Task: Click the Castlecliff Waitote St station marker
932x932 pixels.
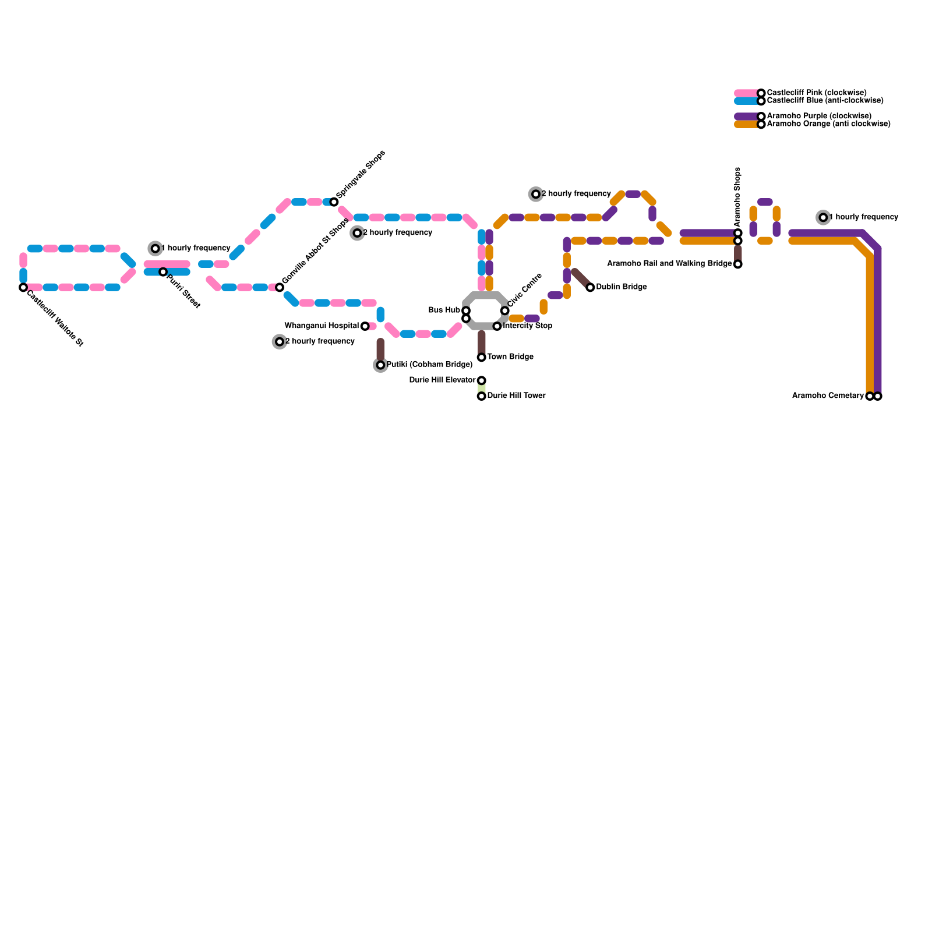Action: point(23,287)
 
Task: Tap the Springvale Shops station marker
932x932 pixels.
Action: point(334,202)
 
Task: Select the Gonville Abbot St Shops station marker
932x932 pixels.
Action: point(280,287)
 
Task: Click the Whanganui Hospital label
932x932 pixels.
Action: point(322,326)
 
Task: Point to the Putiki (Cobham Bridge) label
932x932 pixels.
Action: point(429,365)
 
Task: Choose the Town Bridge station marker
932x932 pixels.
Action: point(482,357)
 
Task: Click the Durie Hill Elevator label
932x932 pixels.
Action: point(442,380)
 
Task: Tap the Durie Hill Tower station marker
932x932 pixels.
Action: point(482,396)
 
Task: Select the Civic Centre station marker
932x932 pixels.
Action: point(504,310)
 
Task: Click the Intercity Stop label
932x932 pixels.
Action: point(527,326)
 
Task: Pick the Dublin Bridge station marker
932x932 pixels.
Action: point(590,287)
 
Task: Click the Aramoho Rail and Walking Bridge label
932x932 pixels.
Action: point(669,264)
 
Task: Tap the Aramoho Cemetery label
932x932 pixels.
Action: point(828,396)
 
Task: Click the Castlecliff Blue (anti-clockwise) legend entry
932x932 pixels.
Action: point(825,101)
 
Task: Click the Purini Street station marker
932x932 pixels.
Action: point(163,272)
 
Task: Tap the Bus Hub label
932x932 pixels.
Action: point(444,310)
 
